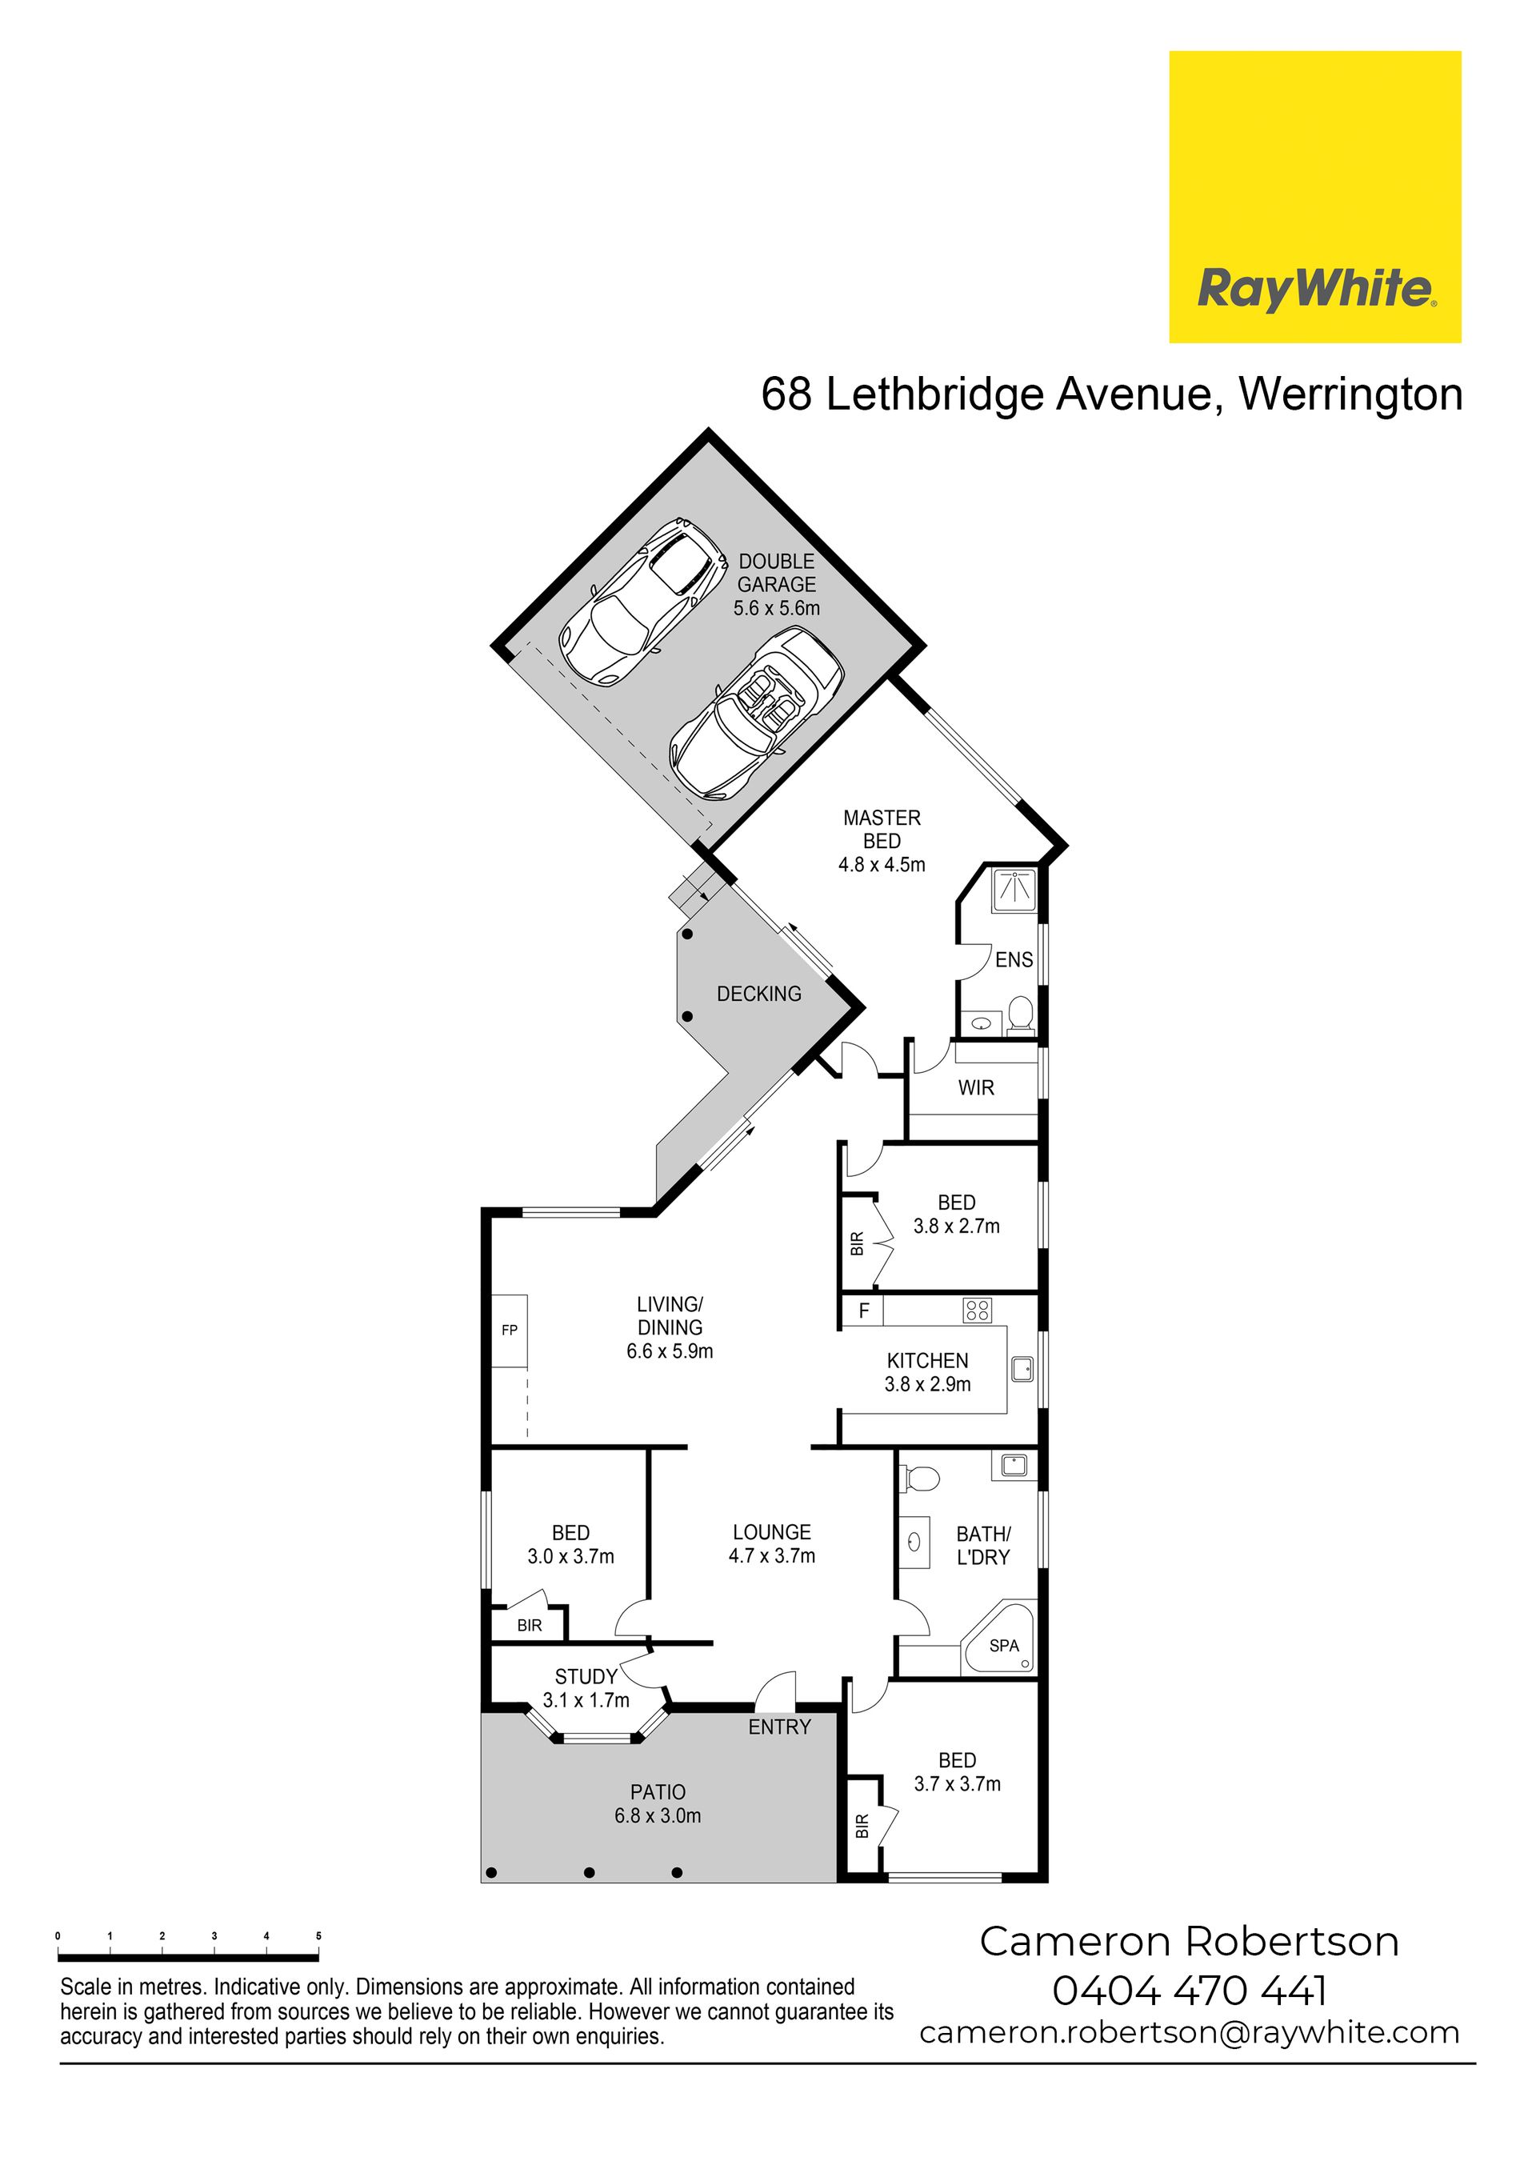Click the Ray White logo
pyautogui.click(x=1314, y=197)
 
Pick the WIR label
pyautogui.click(x=976, y=1087)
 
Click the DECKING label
pyautogui.click(x=758, y=994)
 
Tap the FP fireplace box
pyautogui.click(x=509, y=1330)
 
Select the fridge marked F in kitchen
pyautogui.click(x=863, y=1311)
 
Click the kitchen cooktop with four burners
pyautogui.click(x=977, y=1310)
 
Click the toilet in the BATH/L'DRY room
pyautogui.click(x=919, y=1479)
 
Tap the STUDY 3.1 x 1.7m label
pyautogui.click(x=586, y=1688)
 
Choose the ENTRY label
pyautogui.click(x=779, y=1727)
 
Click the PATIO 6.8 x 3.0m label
pyautogui.click(x=658, y=1804)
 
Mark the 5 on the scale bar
pyautogui.click(x=318, y=1935)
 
